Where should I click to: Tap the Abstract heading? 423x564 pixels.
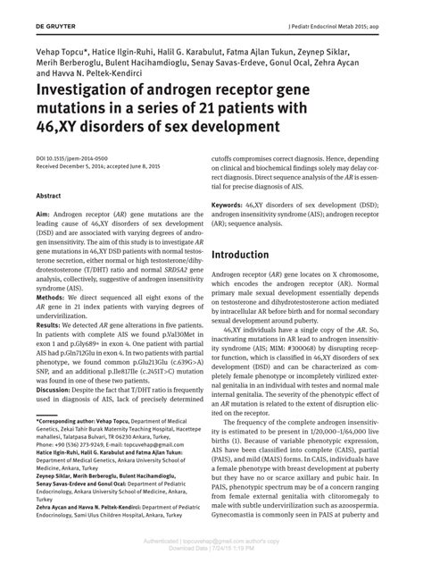tap(49, 194)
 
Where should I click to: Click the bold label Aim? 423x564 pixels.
tap(44, 215)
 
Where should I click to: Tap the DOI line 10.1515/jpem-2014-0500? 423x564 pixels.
tap(73, 157)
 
